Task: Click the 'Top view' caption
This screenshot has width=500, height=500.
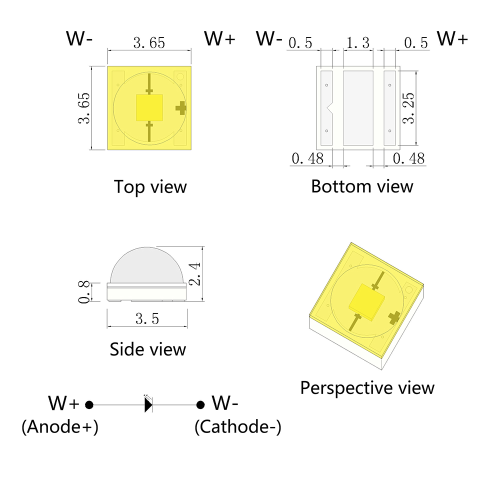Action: pyautogui.click(x=150, y=187)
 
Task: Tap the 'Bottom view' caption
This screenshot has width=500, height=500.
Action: pyautogui.click(x=362, y=186)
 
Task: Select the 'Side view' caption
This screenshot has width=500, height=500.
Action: pyautogui.click(x=147, y=348)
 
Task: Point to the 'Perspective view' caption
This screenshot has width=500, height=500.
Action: pyautogui.click(x=367, y=387)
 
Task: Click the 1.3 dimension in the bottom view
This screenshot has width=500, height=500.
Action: pyautogui.click(x=358, y=43)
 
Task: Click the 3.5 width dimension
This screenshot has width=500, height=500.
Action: pyautogui.click(x=147, y=318)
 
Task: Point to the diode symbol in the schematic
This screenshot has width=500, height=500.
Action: pyautogui.click(x=148, y=404)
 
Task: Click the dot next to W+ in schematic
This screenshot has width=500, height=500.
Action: pyautogui.click(x=89, y=404)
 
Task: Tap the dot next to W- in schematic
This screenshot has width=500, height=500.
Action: pyautogui.click(x=200, y=404)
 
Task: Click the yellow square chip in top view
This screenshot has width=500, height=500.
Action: pyautogui.click(x=150, y=107)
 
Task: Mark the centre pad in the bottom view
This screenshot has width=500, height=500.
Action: pyautogui.click(x=358, y=107)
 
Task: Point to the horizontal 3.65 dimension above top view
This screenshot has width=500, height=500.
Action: pyautogui.click(x=149, y=43)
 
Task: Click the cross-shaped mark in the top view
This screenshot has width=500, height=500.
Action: pyautogui.click(x=180, y=107)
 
